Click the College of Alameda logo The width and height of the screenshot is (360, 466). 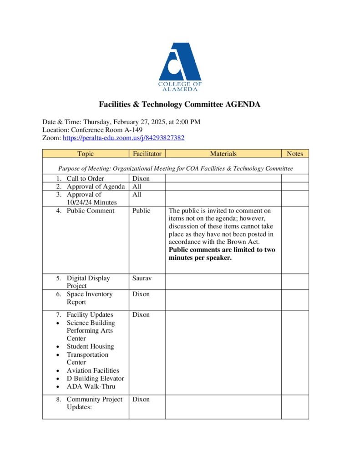(x=180, y=67)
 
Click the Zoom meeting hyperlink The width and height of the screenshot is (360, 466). (x=123, y=138)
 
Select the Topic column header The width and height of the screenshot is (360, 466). (x=86, y=154)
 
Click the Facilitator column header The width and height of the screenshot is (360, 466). (x=147, y=154)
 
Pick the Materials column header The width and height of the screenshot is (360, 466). (x=223, y=154)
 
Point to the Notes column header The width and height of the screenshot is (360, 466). (x=295, y=154)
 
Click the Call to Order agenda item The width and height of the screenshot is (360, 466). (x=85, y=178)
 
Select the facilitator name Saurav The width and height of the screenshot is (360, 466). (x=142, y=278)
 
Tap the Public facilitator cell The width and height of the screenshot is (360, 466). (x=141, y=211)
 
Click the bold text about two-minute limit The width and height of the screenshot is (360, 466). (x=222, y=253)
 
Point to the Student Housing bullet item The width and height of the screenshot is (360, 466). (x=90, y=346)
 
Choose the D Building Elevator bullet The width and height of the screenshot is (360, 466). (x=95, y=378)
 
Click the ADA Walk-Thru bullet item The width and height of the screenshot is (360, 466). (x=91, y=386)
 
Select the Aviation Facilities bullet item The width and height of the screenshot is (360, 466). (x=93, y=370)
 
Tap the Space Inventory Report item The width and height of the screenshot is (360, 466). (x=89, y=298)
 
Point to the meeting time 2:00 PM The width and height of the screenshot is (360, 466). (x=188, y=122)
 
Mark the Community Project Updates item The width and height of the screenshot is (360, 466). (x=94, y=403)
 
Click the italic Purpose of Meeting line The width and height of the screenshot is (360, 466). (x=176, y=168)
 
